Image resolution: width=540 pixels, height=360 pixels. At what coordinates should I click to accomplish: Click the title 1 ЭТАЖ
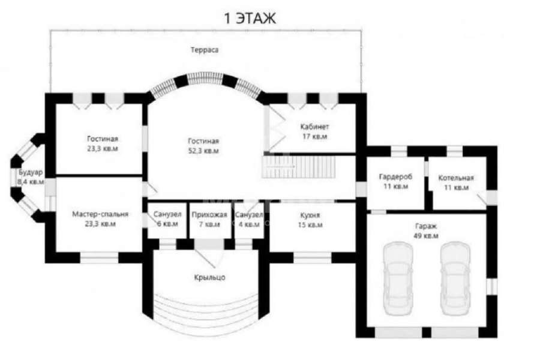coord(250,18)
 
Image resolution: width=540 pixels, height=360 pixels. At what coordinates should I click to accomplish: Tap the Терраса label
coord(205,50)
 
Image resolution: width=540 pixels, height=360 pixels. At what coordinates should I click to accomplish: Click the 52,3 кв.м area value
coord(203,151)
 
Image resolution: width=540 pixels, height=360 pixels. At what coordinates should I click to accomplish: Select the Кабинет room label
coord(314,127)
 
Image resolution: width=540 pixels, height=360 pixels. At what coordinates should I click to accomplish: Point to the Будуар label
coord(31,172)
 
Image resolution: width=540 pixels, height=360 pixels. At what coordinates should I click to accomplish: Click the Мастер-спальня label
coord(100,214)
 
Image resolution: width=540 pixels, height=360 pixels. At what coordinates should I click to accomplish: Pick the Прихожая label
coord(209,215)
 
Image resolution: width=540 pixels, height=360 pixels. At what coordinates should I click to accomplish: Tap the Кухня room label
coord(310,215)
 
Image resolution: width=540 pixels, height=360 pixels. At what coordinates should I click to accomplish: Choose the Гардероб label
coord(396,177)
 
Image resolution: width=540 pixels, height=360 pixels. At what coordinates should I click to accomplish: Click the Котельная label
coord(456,178)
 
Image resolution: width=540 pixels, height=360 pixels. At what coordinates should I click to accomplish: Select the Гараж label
coord(426,226)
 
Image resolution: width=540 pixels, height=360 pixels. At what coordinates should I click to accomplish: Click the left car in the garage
coord(398,278)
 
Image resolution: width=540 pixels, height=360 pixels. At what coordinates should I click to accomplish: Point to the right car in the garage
coord(455,278)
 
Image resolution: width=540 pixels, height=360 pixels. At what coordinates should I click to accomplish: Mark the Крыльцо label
coord(209,277)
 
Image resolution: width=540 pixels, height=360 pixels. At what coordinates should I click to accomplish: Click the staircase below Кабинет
coord(299,167)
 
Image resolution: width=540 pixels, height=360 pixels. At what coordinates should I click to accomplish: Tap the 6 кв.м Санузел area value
coord(167,224)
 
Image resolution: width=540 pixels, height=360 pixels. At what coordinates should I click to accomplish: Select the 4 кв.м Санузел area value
coord(249,224)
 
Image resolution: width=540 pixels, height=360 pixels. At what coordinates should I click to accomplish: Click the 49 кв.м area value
coord(426,236)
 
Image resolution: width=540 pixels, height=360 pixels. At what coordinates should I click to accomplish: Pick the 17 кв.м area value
coord(314,136)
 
